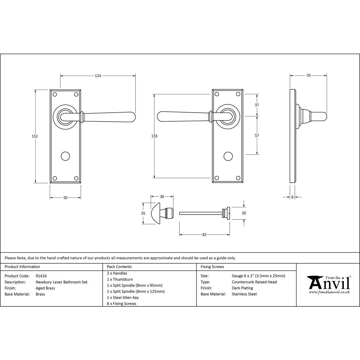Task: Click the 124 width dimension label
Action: pos(98,76)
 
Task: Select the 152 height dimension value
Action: pos(35,136)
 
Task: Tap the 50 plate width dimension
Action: pos(65,198)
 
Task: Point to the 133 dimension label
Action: pos(154,136)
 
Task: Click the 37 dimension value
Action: pos(257,105)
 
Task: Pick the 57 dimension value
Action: pos(257,136)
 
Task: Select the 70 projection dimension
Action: pos(308,76)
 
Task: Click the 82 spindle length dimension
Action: pos(204,235)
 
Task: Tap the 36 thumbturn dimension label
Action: pos(162,197)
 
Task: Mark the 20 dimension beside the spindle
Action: pos(244,213)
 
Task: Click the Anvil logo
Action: pos(328,285)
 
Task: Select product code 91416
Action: pos(41,276)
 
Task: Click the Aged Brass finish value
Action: pos(46,288)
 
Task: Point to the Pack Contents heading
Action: pos(119,267)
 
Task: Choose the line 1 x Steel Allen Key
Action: pos(123,298)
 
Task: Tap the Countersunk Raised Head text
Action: pos(254,282)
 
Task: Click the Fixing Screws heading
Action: pos(212,267)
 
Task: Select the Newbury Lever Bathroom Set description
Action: pos(62,282)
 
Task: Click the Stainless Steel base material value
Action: pos(244,294)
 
